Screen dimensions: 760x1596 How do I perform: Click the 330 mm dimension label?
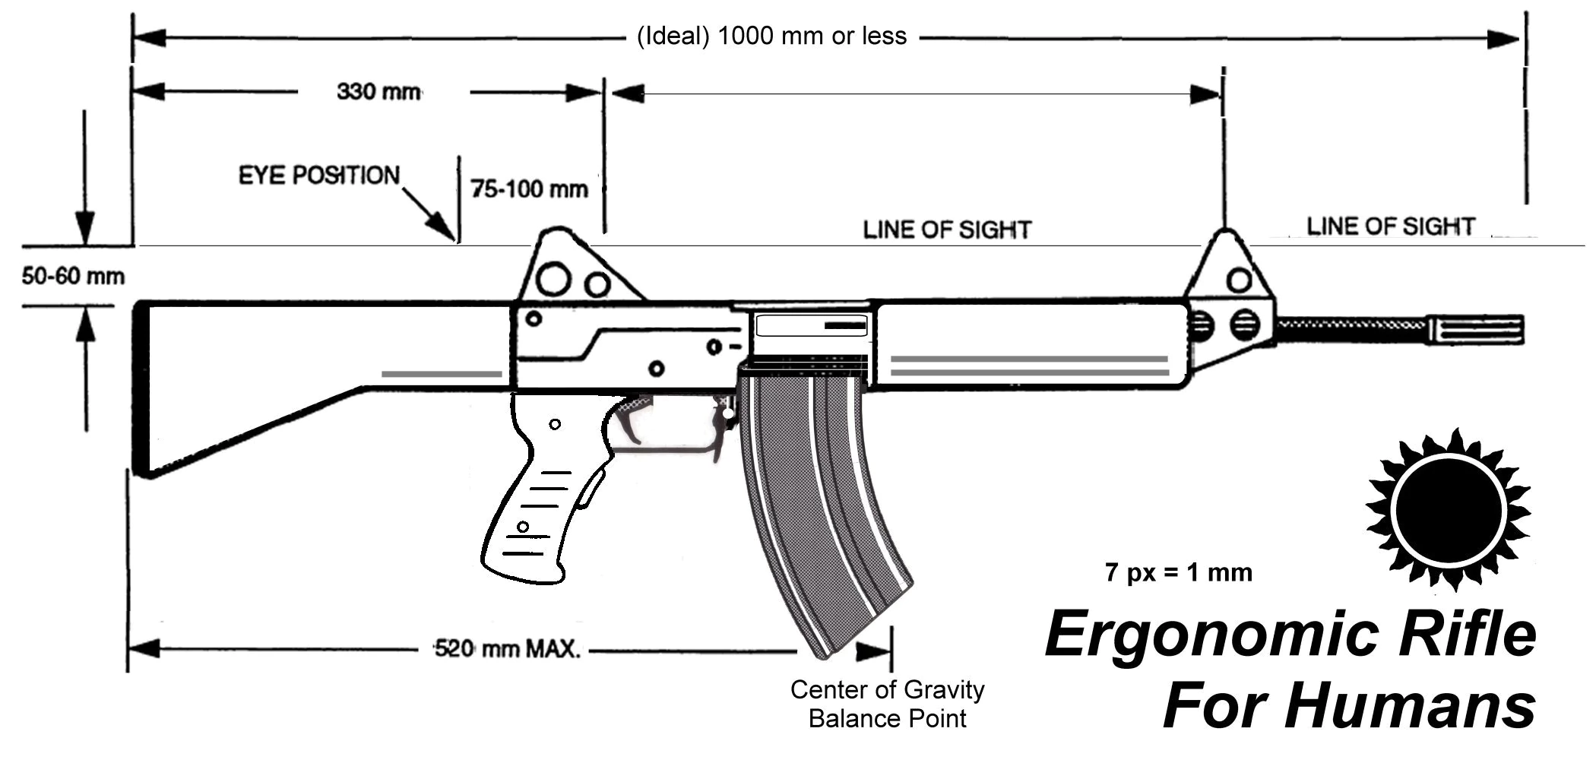click(378, 93)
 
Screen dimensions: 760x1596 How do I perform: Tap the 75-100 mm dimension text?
click(529, 189)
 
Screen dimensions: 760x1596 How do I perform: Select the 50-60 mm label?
click(73, 277)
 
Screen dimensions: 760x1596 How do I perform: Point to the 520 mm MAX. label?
click(507, 650)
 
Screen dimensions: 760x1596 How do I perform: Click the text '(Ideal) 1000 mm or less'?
click(771, 36)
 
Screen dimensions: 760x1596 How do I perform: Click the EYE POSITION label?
click(319, 176)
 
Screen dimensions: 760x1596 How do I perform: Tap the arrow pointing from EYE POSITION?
click(427, 214)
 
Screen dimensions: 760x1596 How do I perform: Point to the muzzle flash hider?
click(1476, 330)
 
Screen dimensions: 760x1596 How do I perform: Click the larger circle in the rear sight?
click(553, 279)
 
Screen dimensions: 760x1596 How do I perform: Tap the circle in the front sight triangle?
click(1239, 280)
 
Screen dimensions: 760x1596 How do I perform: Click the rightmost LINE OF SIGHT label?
click(1390, 226)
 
